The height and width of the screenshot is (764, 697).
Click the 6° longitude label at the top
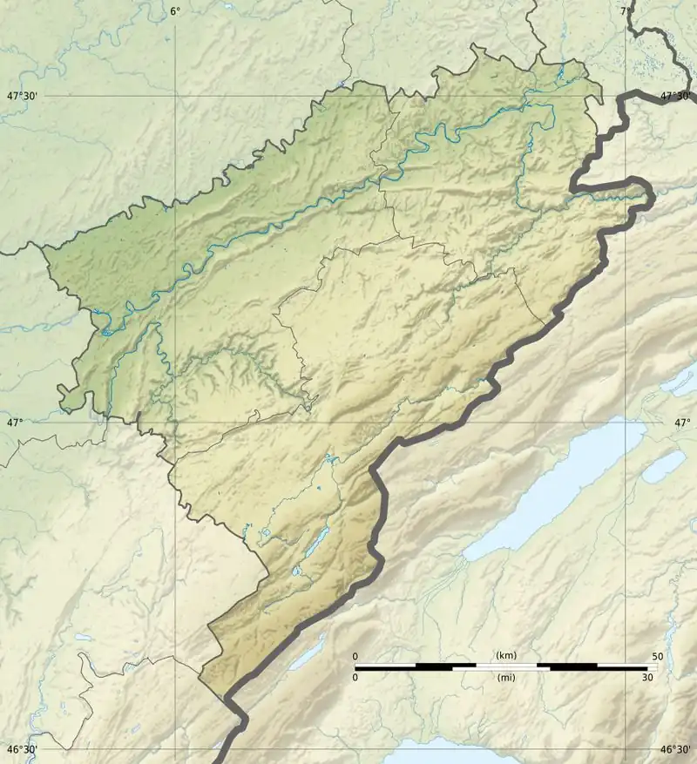pos(175,10)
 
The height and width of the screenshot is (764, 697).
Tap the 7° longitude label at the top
pos(626,10)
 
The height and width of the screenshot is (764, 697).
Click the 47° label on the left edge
pos(15,423)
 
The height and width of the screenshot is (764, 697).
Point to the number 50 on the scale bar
pos(657,656)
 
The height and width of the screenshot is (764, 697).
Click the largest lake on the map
pos(558,492)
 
